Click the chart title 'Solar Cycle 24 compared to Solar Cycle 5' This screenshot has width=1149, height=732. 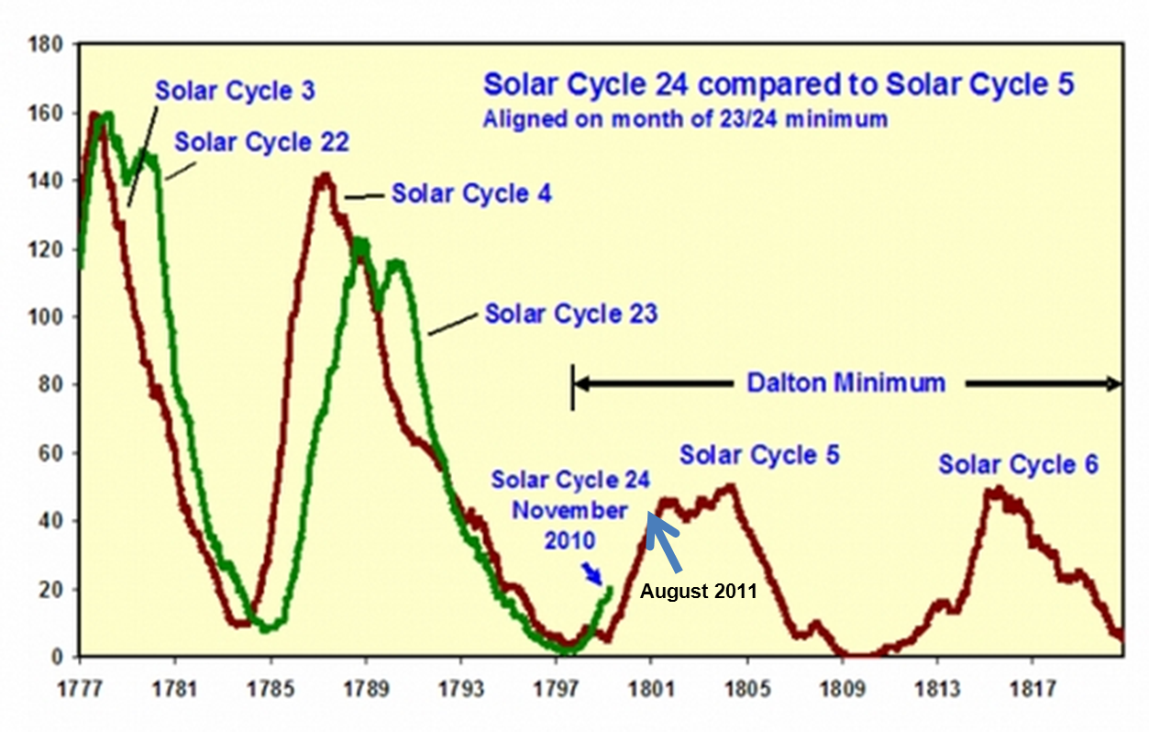[x=779, y=84]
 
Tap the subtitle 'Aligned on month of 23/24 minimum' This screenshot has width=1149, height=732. [x=686, y=118]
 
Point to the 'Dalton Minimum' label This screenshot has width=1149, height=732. [x=845, y=383]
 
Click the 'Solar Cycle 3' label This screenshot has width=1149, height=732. [x=235, y=91]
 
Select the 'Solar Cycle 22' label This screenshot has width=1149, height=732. [x=262, y=143]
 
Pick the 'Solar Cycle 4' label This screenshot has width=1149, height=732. [x=471, y=194]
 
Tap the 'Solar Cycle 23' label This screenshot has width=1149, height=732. [x=571, y=314]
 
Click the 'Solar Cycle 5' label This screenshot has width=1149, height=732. [x=759, y=455]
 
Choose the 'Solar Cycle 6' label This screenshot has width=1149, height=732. [x=1018, y=465]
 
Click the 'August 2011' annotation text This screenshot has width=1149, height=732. [x=699, y=592]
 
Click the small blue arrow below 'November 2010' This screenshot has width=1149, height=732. [x=593, y=573]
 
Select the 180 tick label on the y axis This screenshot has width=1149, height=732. [x=47, y=45]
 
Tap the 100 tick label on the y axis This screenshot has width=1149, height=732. [x=47, y=317]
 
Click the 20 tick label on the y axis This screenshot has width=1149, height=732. [x=51, y=590]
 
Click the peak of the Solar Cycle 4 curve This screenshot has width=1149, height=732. [x=324, y=175]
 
